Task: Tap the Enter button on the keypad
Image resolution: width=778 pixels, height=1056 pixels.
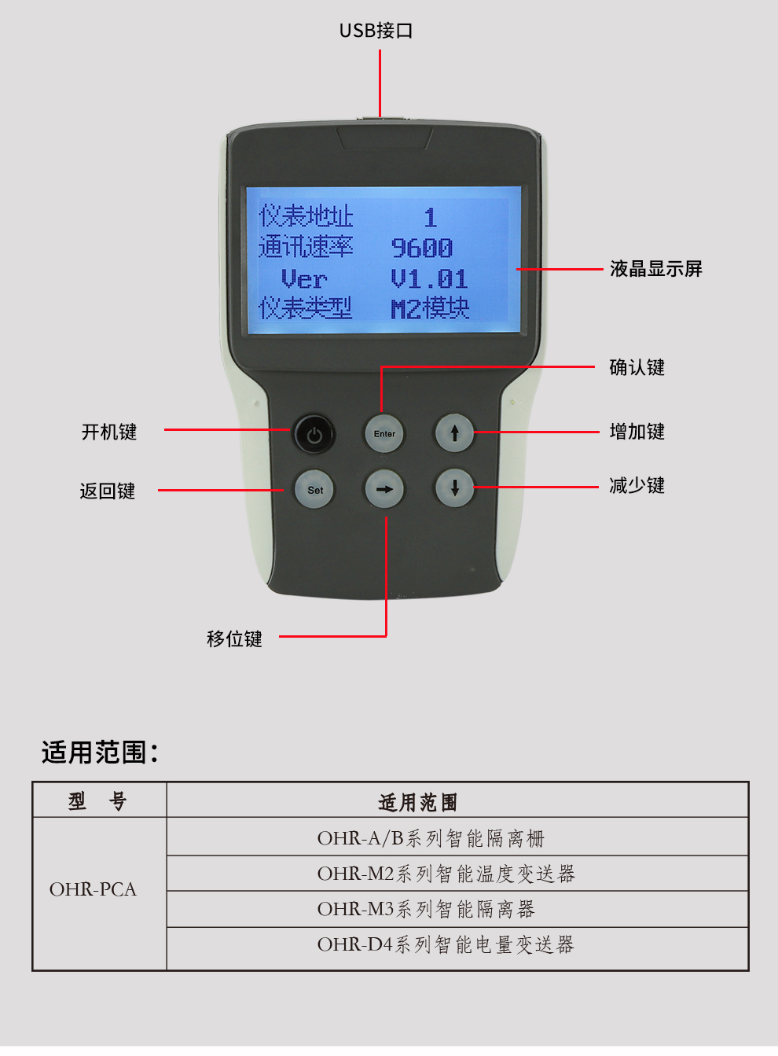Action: [384, 433]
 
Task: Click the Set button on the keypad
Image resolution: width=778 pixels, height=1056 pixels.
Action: [314, 489]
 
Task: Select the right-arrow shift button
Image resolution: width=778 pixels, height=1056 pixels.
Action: [384, 489]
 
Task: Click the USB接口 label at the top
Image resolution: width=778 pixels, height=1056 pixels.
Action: [376, 31]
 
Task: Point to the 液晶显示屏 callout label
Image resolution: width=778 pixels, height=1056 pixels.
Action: [655, 269]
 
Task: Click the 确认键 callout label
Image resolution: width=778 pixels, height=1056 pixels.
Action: [637, 367]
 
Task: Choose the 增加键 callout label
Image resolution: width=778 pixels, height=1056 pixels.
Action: [637, 432]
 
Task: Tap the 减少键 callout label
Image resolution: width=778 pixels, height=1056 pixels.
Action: [637, 486]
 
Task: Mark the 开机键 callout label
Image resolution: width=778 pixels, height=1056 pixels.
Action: [109, 432]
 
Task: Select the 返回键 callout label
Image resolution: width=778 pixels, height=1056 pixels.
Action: [108, 491]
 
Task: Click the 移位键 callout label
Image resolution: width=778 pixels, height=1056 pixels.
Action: [234, 638]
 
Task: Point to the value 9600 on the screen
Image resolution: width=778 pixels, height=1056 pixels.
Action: [422, 248]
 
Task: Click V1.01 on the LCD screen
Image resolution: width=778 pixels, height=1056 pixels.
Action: [429, 279]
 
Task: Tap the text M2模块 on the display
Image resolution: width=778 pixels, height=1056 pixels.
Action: [430, 309]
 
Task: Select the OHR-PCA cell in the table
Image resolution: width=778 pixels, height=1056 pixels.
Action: [93, 889]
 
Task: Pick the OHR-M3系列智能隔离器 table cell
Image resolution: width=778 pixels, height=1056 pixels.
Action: [426, 909]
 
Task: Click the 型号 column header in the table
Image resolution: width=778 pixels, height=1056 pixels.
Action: [97, 801]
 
